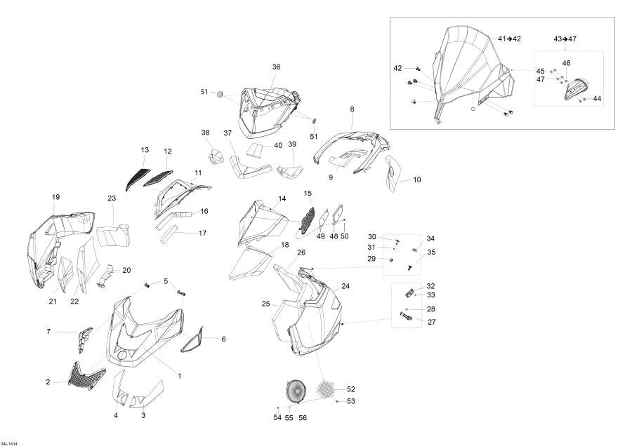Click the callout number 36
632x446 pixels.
click(276, 67)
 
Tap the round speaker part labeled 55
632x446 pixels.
click(296, 391)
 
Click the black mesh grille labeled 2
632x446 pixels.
click(86, 376)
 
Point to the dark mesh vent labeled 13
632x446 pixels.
click(137, 178)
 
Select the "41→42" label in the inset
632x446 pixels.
click(510, 39)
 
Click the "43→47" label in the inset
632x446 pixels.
click(565, 39)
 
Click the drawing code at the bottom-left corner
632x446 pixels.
click(10, 444)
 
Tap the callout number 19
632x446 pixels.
click(55, 197)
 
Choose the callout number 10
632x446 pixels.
click(416, 180)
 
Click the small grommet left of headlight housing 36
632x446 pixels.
click(220, 94)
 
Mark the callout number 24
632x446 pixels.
click(345, 286)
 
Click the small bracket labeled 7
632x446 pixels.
click(85, 340)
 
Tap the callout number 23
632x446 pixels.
click(112, 198)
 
